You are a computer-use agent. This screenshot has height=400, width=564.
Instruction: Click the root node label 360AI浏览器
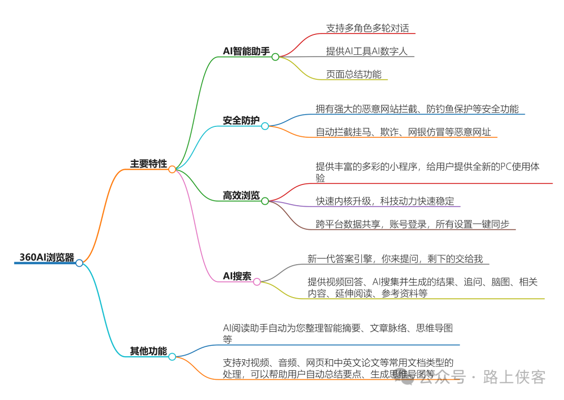(x=46, y=257)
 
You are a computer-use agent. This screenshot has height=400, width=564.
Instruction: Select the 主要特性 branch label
(x=148, y=164)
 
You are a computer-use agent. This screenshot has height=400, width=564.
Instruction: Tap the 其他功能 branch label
(x=148, y=351)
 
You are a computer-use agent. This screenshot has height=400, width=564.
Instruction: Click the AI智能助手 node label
(x=246, y=51)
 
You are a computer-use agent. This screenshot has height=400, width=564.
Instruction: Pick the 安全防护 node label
(x=241, y=121)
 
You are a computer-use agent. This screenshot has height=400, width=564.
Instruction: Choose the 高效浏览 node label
(x=241, y=196)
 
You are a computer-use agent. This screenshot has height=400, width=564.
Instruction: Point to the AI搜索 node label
(x=237, y=276)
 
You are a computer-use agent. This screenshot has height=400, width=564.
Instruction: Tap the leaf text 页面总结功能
(x=354, y=74)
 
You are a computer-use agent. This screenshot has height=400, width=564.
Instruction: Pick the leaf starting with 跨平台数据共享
(x=412, y=224)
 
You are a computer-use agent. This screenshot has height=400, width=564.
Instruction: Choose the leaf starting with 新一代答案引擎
(x=398, y=258)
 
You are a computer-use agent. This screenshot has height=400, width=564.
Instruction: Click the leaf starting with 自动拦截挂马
(x=403, y=132)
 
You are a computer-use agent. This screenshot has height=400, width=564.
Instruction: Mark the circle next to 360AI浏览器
(x=79, y=263)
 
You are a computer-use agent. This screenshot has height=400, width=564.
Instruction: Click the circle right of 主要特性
(x=172, y=169)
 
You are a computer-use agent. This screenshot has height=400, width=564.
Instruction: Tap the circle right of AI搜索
(x=257, y=281)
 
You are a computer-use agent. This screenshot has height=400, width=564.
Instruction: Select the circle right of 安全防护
(x=265, y=126)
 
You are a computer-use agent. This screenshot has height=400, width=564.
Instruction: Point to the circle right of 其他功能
(x=172, y=356)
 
